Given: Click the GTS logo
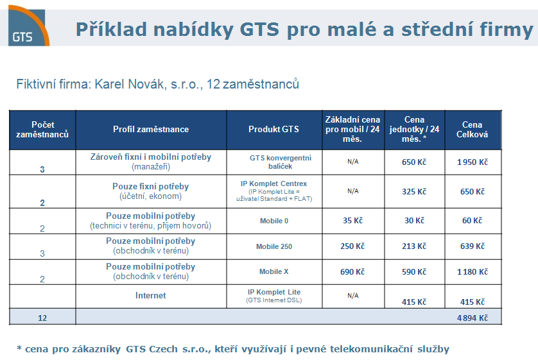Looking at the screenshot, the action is [29, 27].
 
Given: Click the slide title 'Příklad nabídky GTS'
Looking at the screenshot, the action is [177, 30].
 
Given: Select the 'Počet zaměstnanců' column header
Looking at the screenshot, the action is [42, 130].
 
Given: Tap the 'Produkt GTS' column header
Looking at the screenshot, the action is [273, 129].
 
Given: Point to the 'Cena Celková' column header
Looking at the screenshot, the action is [472, 130].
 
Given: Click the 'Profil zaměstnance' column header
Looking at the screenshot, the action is [151, 129].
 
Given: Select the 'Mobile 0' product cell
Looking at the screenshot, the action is [274, 221].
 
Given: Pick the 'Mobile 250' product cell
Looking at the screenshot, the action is [274, 246].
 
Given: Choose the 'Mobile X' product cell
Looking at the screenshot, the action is [273, 271].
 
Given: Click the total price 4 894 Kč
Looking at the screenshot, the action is [472, 318].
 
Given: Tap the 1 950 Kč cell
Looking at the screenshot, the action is [472, 162].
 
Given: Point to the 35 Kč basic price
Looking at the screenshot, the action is [352, 221].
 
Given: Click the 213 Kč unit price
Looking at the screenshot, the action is [414, 246].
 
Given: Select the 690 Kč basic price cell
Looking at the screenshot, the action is [352, 272].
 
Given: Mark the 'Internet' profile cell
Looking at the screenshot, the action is [151, 296].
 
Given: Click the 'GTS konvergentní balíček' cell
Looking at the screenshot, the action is [281, 162].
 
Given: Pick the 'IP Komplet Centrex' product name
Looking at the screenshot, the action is [273, 184].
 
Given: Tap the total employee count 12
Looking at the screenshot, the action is [42, 318].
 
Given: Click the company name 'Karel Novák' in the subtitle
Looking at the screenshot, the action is [130, 84].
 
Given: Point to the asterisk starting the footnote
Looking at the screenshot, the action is [19, 348].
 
